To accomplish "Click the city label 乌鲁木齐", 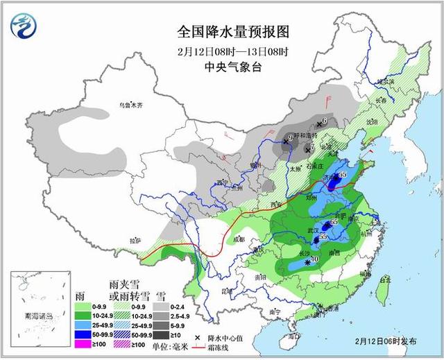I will click(x=130, y=105).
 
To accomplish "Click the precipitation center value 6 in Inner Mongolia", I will click(x=324, y=122).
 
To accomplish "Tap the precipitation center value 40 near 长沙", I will click(x=314, y=259).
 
